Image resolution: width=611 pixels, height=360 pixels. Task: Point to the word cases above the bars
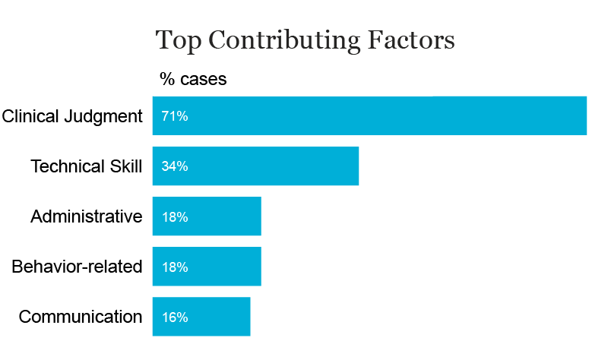tap(203, 79)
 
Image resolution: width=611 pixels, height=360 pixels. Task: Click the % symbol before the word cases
tap(167, 79)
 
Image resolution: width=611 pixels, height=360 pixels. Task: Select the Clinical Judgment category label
tap(72, 116)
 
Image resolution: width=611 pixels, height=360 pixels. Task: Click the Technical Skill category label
tap(86, 166)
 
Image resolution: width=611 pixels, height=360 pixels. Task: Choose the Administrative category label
tap(86, 216)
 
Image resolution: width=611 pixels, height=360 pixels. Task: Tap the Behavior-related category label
tap(77, 267)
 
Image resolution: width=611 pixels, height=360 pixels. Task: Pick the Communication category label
tap(81, 317)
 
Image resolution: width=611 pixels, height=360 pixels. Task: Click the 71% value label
tap(174, 116)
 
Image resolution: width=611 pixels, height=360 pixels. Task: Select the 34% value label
tap(174, 166)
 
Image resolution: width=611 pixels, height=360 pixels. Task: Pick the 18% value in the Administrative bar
tap(174, 217)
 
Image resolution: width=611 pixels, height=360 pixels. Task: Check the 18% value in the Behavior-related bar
tap(174, 267)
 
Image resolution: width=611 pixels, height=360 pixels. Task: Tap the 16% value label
tap(174, 317)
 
